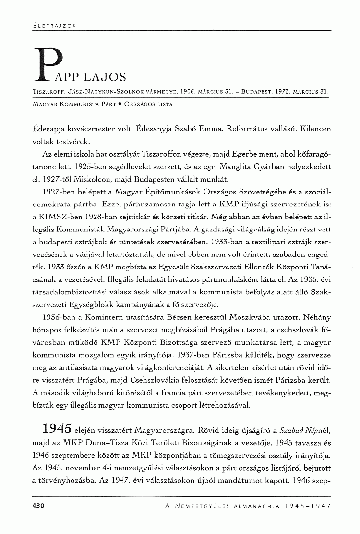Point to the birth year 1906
[178, 91]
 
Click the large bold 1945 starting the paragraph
[57, 427]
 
